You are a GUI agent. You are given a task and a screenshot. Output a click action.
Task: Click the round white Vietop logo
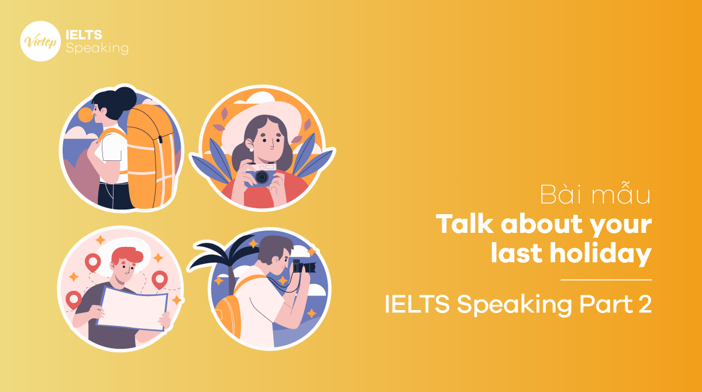pos(40,40)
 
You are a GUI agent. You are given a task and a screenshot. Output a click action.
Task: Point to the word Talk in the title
pos(462,225)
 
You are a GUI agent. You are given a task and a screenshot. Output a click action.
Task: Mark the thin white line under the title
pos(606,280)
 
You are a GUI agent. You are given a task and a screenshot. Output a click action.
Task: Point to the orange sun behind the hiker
pos(85,115)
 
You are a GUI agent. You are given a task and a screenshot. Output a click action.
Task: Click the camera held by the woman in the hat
pos(261,176)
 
